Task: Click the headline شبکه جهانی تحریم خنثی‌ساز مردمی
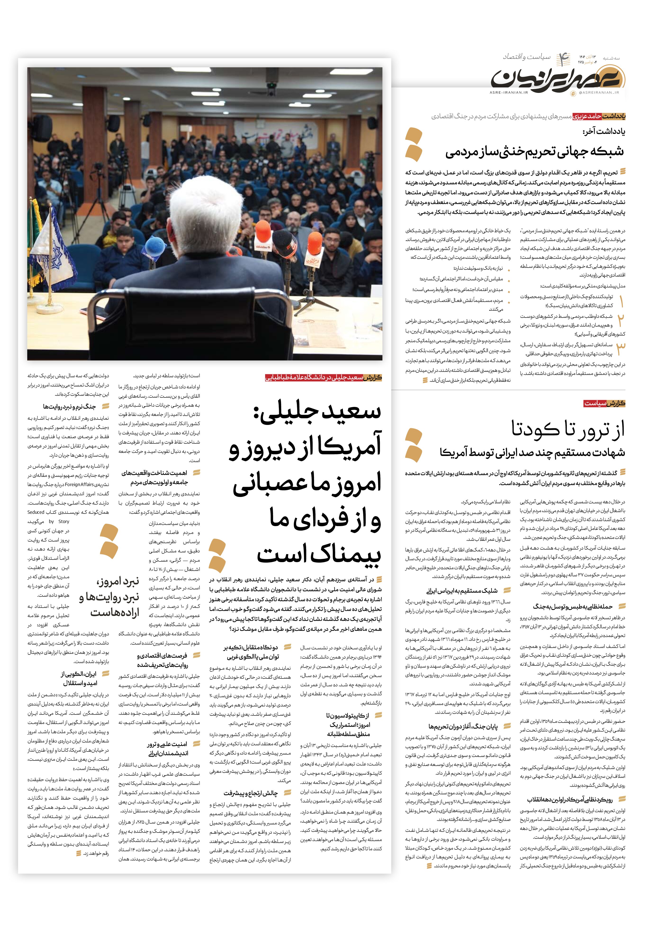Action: coord(534,152)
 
